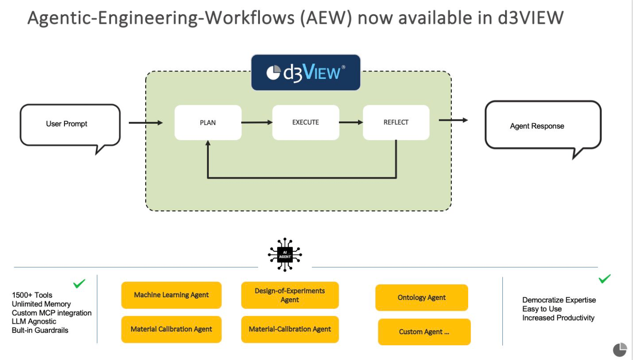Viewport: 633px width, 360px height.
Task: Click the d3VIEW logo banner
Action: pos(306,72)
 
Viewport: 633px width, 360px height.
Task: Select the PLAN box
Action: pos(208,122)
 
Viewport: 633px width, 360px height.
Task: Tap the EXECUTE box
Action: pos(306,122)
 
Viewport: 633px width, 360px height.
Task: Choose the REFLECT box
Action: pos(396,122)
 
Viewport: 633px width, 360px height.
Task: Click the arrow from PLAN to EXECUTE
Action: pos(257,122)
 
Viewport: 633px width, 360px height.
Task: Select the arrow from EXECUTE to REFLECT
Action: pos(351,122)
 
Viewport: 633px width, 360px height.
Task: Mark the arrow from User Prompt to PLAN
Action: pos(146,123)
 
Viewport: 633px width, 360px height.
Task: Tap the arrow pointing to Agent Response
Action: pos(453,120)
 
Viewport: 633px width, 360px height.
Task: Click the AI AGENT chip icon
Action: pos(285,254)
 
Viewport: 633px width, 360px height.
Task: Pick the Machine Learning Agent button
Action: pos(171,295)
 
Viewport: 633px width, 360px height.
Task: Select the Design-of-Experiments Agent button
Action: pos(290,295)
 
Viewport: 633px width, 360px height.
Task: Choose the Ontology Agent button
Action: pos(422,298)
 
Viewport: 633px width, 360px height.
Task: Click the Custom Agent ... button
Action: pos(424,332)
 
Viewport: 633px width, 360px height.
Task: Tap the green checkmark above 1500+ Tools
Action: pos(79,284)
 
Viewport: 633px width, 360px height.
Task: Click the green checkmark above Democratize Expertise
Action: pos(604,279)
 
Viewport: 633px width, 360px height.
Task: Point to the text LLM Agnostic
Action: pos(34,321)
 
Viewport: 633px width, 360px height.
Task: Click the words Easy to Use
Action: pos(542,309)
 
